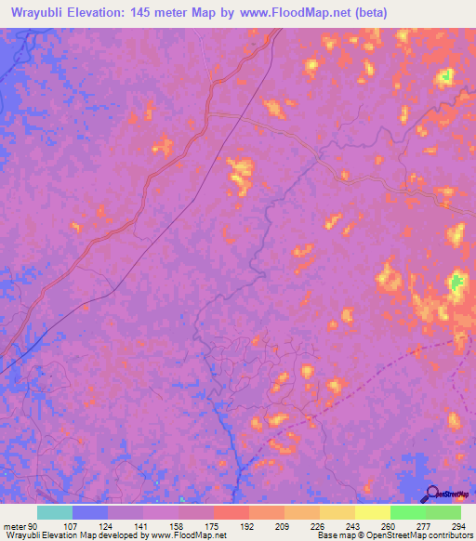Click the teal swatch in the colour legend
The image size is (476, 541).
55,512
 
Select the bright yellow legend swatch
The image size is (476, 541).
372,512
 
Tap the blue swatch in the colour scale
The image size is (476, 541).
90,512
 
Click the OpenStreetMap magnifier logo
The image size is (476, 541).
430,495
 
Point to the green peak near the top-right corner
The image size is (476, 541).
446,75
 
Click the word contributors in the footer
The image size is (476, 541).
446,535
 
